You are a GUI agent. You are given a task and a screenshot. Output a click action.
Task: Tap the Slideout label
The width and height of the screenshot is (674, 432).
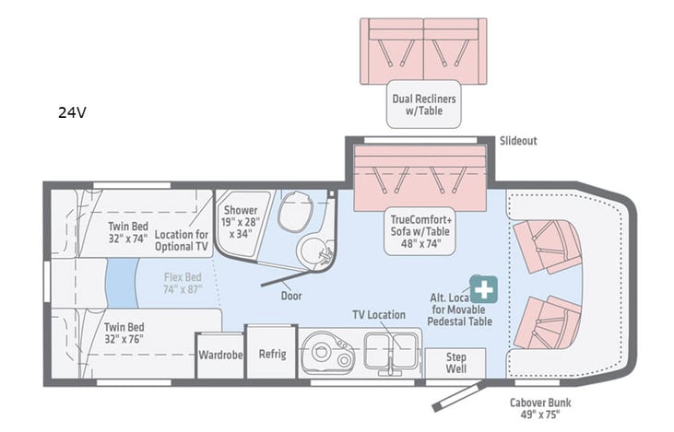517,141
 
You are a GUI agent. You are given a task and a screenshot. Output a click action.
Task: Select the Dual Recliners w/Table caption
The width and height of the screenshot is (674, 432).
424,105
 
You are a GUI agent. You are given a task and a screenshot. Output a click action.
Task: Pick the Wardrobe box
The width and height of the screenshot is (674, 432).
219,354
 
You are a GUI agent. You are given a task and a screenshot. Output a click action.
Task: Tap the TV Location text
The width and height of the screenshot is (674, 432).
378,315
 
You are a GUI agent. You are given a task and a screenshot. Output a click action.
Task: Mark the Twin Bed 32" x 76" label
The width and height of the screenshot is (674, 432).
126,333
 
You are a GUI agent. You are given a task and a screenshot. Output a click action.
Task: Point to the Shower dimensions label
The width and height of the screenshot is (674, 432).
241,221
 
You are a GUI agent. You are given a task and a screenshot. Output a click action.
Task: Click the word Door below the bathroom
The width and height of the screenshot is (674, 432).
291,296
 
